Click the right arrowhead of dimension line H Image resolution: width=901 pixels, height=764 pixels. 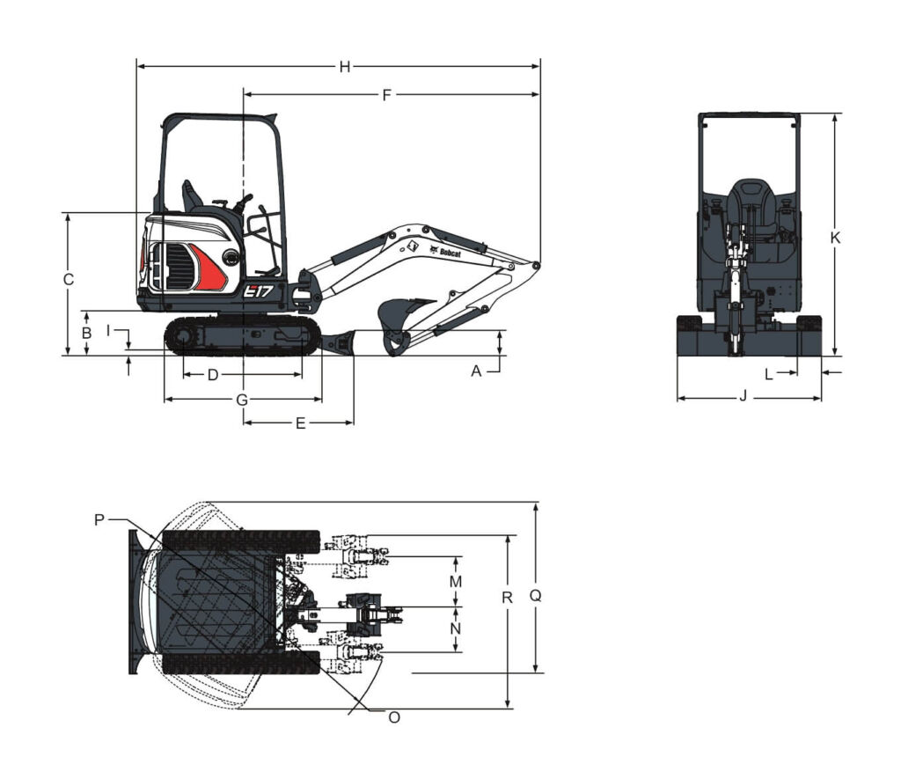click(536, 67)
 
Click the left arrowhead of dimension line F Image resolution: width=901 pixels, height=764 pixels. click(248, 94)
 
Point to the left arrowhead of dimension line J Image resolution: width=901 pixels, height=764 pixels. click(682, 398)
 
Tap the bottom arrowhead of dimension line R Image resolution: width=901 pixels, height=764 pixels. click(508, 703)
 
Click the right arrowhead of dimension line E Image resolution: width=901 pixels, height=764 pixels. click(348, 422)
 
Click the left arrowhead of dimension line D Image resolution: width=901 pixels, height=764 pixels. click(187, 375)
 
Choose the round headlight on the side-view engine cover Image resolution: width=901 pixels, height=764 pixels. click(231, 258)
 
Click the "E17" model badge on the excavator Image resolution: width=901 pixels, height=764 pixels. click(258, 292)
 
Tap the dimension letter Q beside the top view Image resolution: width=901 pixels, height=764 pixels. click(536, 596)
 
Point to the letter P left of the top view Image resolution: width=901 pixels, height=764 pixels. click(99, 520)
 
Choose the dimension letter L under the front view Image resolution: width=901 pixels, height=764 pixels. click(769, 374)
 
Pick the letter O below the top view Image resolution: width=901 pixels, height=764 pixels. click(394, 717)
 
